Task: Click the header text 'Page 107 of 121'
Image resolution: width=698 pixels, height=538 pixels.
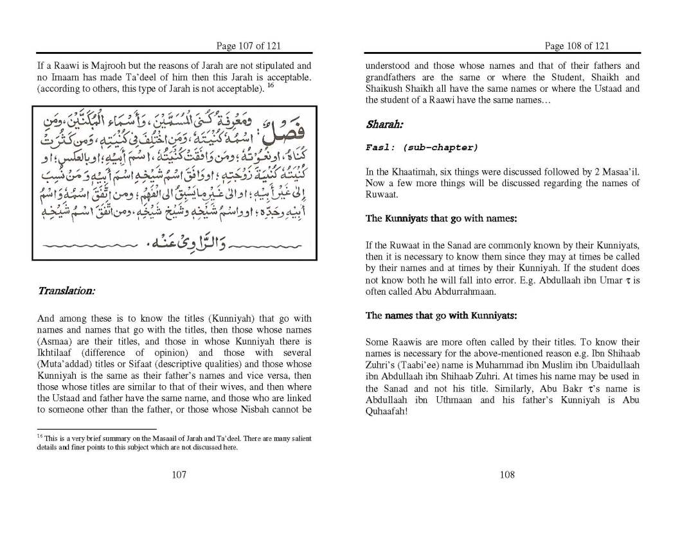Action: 248,46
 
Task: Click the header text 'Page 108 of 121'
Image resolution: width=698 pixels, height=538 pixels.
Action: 577,46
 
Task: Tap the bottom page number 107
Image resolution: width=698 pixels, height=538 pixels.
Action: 179,474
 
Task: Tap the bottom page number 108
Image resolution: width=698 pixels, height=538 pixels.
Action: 506,474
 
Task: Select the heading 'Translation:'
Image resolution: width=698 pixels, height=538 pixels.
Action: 66,291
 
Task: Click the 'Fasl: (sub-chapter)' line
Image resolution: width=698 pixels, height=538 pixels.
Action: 422,148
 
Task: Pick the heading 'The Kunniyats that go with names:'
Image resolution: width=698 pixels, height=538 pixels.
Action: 441,218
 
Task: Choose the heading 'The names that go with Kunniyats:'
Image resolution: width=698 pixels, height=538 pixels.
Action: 441,315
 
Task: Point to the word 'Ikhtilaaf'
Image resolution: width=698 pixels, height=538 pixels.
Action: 56,353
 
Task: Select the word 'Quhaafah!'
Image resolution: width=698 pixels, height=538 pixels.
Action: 386,412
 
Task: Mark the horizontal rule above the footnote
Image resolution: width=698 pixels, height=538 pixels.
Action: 96,428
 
